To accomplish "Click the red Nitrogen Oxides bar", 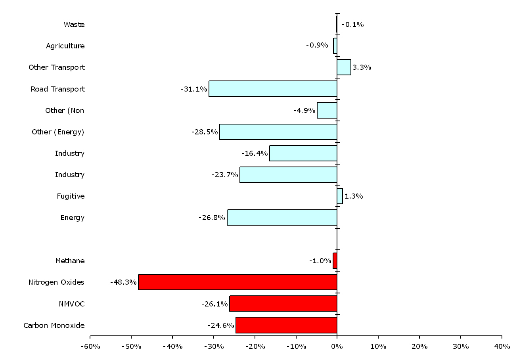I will [x=237, y=282].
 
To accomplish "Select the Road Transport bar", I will [x=273, y=89].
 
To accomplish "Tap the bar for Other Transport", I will [x=344, y=67].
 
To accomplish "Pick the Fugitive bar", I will [x=340, y=196].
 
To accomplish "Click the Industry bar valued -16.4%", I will [x=303, y=153].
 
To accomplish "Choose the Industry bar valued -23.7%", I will [x=288, y=174].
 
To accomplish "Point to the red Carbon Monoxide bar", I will [x=286, y=325].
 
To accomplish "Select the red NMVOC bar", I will [x=283, y=303].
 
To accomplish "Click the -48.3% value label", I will [x=123, y=282].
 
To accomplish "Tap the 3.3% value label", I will [x=362, y=67].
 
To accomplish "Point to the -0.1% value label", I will [x=352, y=25].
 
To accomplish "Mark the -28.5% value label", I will [x=205, y=132].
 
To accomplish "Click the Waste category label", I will [x=74, y=25].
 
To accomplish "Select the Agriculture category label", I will [x=65, y=46].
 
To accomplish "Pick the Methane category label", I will [x=70, y=261].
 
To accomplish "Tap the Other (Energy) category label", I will [x=58, y=132].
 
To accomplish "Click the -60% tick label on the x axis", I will [x=90, y=347].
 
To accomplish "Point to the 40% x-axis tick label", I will [x=502, y=347].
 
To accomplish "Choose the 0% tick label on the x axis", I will [x=337, y=347].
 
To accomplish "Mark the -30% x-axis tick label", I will [x=213, y=347].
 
